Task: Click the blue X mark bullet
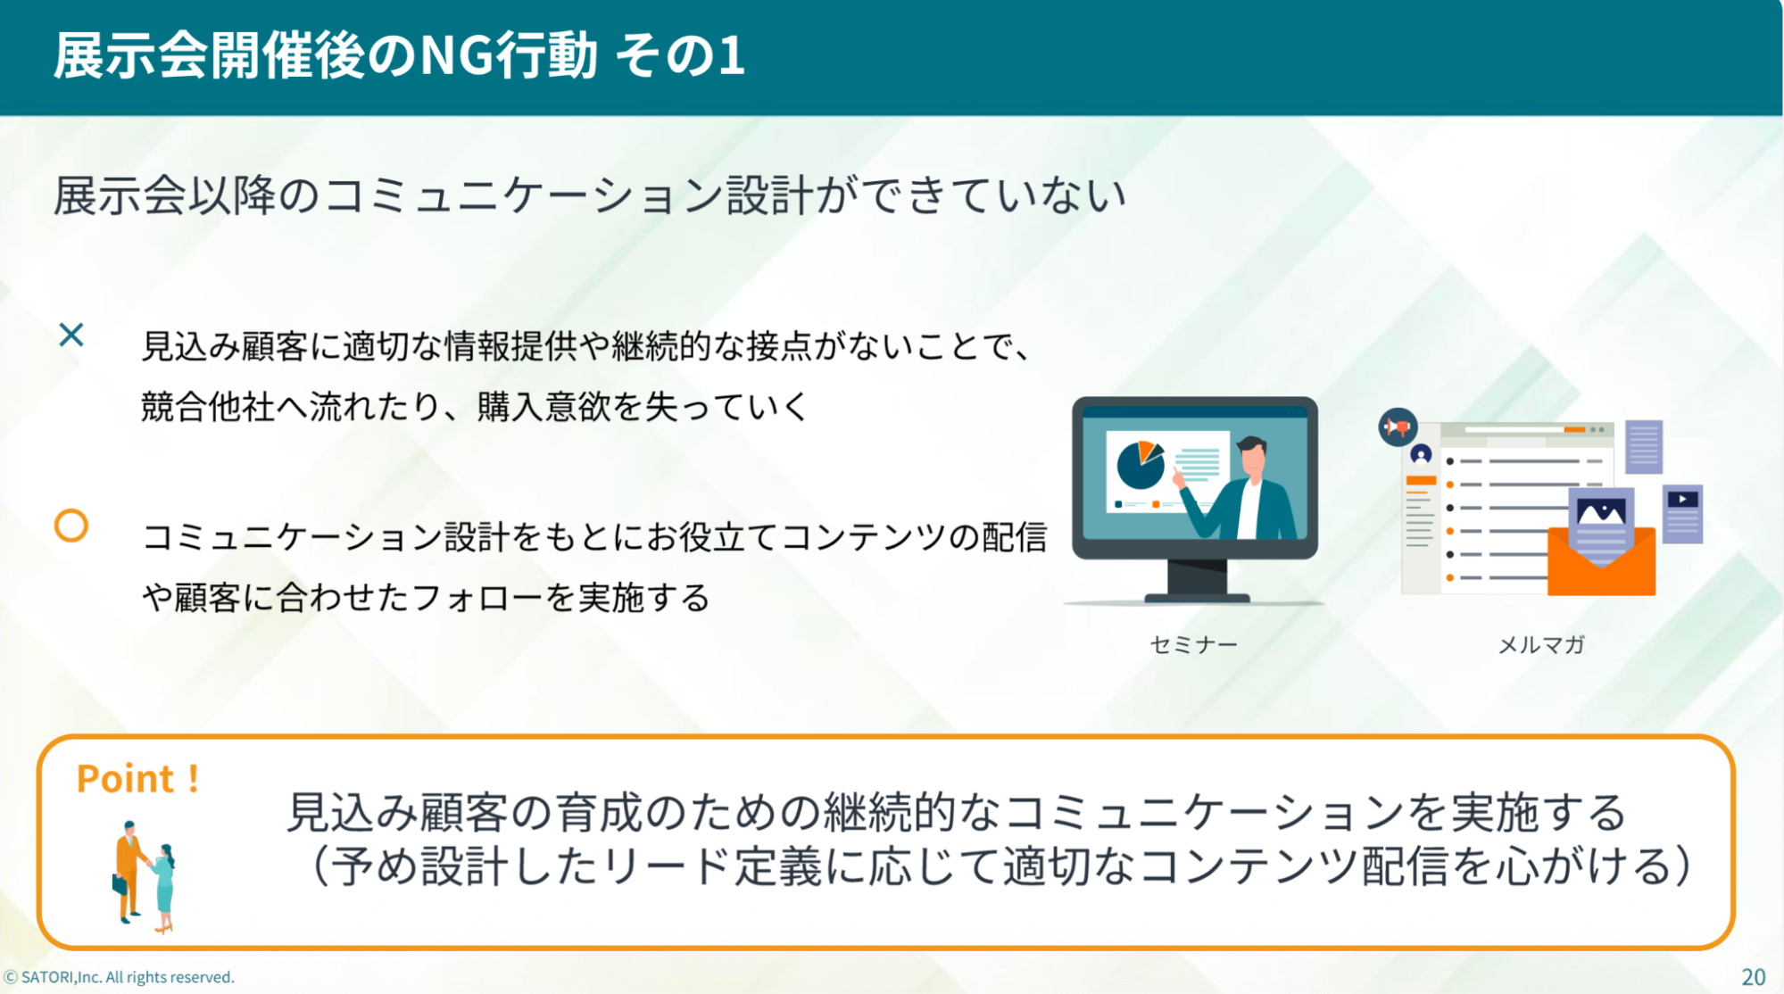click(x=71, y=335)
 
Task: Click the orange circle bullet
click(x=71, y=526)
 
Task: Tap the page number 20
click(x=1754, y=977)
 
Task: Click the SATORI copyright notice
click(x=120, y=977)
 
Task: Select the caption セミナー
click(x=1193, y=644)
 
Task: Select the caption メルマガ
click(x=1541, y=644)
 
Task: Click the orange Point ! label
click(x=137, y=779)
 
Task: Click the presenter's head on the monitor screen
click(x=1253, y=455)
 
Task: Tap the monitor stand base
click(x=1197, y=597)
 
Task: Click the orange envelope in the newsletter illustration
click(x=1602, y=561)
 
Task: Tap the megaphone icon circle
click(x=1398, y=427)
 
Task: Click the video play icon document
click(x=1683, y=514)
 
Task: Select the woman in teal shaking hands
click(x=163, y=888)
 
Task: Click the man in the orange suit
click(x=129, y=871)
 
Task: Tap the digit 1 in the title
click(x=731, y=55)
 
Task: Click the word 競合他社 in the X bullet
click(x=208, y=407)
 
